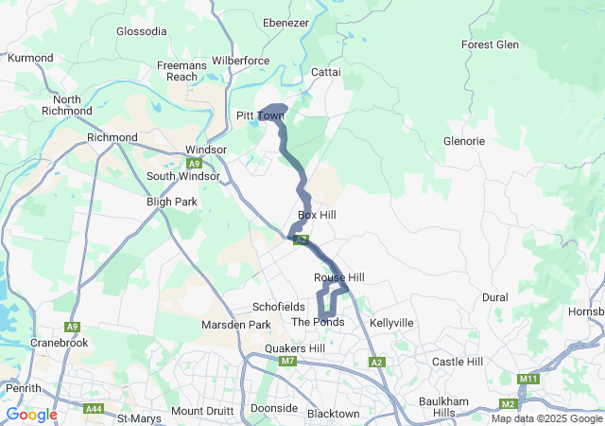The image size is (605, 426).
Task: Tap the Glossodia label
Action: [141, 31]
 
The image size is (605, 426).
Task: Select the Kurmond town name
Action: [30, 58]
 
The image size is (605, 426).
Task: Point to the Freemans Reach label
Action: [177, 71]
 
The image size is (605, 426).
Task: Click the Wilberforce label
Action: [241, 60]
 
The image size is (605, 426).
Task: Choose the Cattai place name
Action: [325, 72]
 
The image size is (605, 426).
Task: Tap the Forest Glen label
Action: [490, 44]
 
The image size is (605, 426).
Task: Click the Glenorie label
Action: [463, 141]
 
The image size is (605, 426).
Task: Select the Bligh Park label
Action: [171, 202]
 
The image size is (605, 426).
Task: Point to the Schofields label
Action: [278, 307]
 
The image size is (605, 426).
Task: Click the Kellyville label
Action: [391, 323]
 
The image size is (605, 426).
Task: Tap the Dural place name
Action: [494, 297]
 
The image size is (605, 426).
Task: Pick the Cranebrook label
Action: [59, 342]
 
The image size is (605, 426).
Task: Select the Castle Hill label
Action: [457, 362]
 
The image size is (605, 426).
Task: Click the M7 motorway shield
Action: [287, 362]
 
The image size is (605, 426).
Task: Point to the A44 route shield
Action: [93, 409]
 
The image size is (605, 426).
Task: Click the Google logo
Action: [31, 415]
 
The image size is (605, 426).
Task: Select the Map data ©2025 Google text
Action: [546, 418]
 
